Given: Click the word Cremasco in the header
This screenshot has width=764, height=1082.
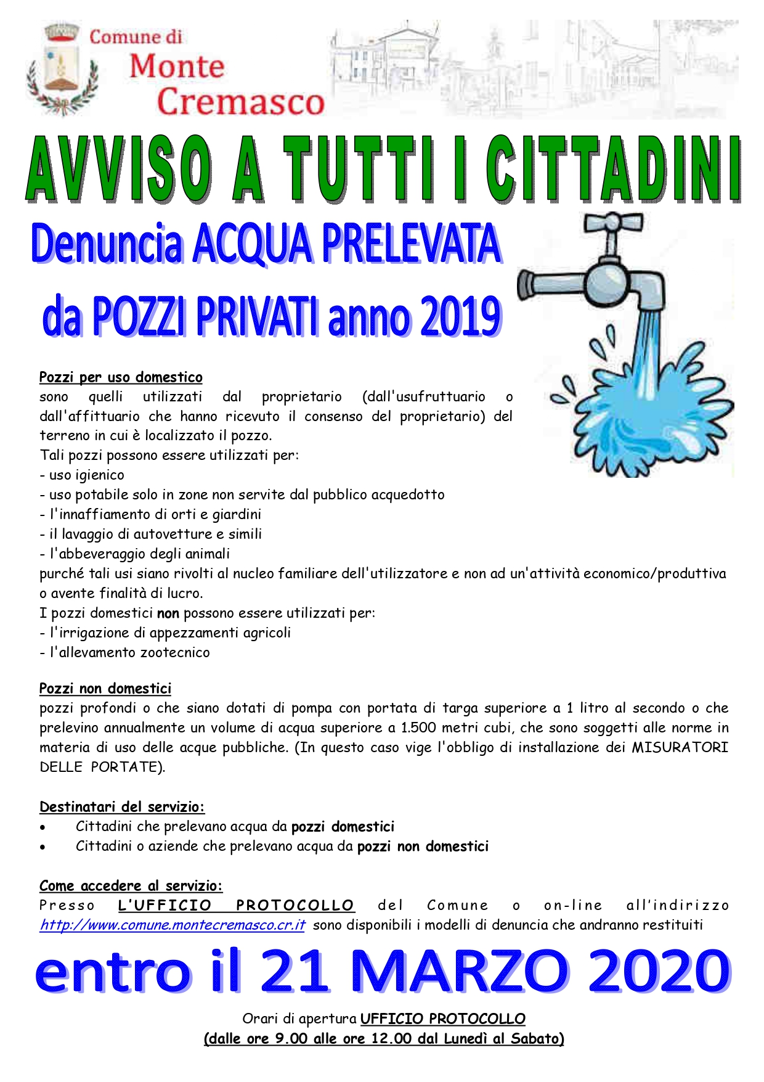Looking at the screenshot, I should coord(240,102).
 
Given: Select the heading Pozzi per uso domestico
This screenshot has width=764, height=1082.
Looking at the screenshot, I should coord(121,377).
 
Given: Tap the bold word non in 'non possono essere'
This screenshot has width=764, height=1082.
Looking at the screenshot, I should coord(168,613).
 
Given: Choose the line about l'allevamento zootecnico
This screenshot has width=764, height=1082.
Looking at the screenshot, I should coord(129,652).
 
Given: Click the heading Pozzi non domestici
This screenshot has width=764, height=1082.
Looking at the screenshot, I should coord(105,689).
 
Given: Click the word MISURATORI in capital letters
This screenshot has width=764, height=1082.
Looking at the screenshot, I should coord(680,748).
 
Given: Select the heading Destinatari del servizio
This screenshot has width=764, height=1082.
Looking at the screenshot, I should coord(122,807).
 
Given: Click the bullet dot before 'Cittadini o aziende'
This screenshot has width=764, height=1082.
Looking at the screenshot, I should coord(43,847).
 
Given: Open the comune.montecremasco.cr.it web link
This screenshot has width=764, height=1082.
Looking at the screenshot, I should coord(173,925).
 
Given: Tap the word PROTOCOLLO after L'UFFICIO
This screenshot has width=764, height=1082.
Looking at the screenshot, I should coord(295,906).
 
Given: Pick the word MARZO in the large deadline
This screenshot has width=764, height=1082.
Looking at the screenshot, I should coord(460,972).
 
